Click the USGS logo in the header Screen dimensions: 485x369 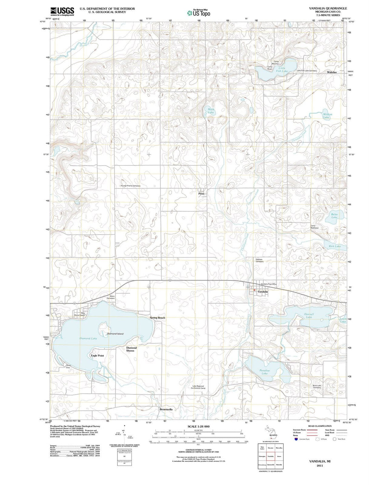click(62, 11)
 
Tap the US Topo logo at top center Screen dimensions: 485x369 click(199, 13)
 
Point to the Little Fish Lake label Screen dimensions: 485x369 click(283, 69)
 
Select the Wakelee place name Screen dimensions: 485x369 click(331, 72)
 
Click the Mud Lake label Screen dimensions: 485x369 click(211, 110)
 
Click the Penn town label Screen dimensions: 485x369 click(201, 193)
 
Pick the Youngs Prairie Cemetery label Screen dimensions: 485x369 click(130, 186)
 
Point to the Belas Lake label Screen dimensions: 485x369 click(334, 216)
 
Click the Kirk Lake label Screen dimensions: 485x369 click(334, 246)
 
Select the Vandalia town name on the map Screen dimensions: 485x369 click(263, 292)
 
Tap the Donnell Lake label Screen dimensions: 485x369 click(309, 315)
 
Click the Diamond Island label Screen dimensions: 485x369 click(115, 334)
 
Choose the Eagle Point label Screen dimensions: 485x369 click(97, 355)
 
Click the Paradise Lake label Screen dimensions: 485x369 click(264, 372)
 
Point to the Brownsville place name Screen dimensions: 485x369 click(166, 409)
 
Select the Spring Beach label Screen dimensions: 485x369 click(157, 318)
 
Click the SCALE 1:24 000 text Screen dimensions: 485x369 click(199, 427)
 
